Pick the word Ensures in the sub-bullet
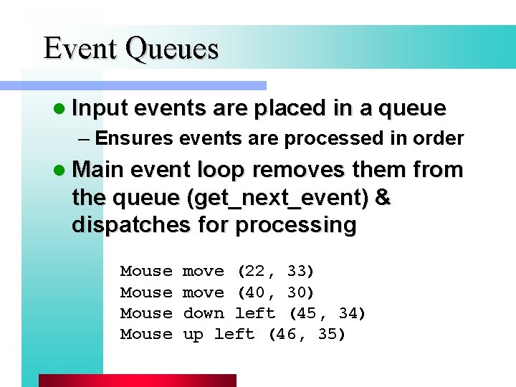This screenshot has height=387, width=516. click(x=133, y=138)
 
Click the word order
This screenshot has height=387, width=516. click(x=439, y=138)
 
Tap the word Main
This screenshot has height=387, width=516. click(x=99, y=170)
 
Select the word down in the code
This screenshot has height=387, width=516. click(x=204, y=313)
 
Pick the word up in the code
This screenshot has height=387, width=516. click(x=193, y=334)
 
